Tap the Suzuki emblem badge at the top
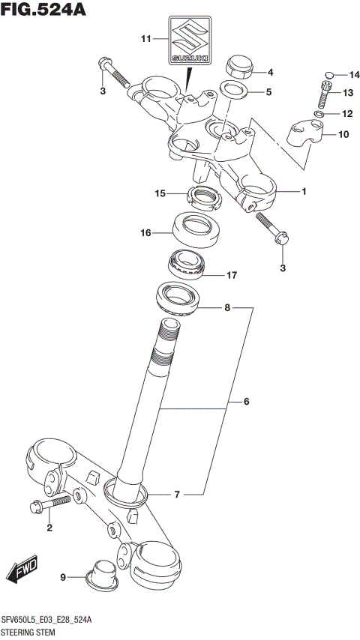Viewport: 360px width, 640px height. point(188,40)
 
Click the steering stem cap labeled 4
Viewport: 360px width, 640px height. point(239,67)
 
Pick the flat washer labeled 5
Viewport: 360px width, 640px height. point(235,91)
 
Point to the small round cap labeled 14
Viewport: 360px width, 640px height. point(328,74)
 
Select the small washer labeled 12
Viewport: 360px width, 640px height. point(319,115)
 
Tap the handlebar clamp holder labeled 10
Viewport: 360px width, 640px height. point(305,133)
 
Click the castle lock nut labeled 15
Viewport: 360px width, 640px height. point(202,199)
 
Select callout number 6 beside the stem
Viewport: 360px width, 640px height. point(245,402)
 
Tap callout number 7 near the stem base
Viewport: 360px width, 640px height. point(177,495)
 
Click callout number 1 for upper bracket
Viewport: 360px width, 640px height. point(304,192)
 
